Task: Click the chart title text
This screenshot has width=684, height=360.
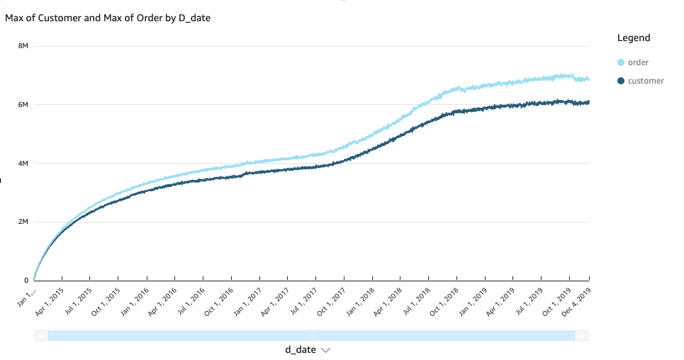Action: coord(108,18)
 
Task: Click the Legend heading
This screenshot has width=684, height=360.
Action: coord(634,38)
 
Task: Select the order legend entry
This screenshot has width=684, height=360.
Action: coord(638,62)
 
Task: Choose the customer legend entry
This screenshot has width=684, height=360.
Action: coord(646,81)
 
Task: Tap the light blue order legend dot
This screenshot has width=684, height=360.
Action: coord(622,62)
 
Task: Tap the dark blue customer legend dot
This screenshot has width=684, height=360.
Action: coord(622,81)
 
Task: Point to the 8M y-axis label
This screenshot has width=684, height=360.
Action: coord(23,46)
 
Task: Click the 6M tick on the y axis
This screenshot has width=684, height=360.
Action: coord(23,105)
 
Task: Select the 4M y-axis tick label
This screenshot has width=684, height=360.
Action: coord(23,164)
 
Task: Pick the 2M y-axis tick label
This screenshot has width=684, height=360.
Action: coord(23,222)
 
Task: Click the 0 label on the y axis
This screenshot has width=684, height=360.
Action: coord(26,281)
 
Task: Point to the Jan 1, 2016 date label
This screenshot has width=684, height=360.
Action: coord(135,300)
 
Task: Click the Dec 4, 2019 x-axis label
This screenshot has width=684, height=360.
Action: coord(577,300)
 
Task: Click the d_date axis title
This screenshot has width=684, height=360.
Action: coord(301,350)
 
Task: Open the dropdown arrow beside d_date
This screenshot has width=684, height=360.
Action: coord(325,350)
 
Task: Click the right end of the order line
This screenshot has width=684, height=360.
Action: coord(588,79)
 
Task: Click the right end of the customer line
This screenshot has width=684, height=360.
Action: coord(588,102)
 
